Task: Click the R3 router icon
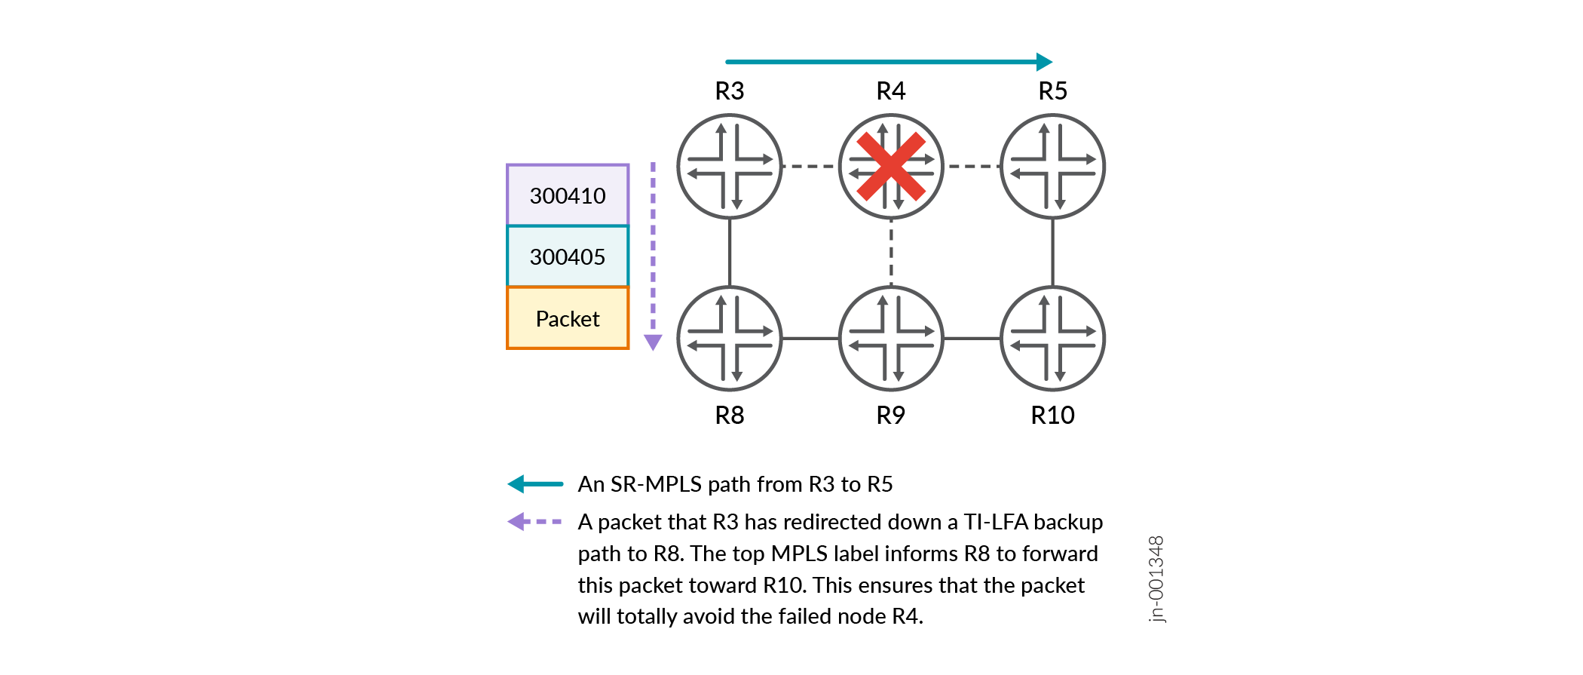tap(729, 167)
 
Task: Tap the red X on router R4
tap(891, 167)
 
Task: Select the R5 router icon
tap(1052, 167)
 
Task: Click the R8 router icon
tap(729, 339)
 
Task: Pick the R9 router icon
tap(891, 339)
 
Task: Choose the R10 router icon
tap(1052, 339)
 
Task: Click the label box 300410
tap(567, 195)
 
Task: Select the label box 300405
tap(567, 256)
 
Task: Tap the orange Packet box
tap(567, 318)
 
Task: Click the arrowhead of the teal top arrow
tap(1044, 62)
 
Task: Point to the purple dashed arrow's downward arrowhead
tap(653, 342)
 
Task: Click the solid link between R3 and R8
tap(729, 253)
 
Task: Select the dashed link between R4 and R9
tap(891, 253)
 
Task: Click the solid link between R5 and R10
tap(1052, 253)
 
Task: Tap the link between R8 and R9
tap(810, 339)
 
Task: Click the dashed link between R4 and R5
tap(972, 167)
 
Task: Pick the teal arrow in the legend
tap(535, 484)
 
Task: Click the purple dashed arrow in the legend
tap(535, 522)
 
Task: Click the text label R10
tap(1052, 416)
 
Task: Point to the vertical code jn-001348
tap(1156, 579)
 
